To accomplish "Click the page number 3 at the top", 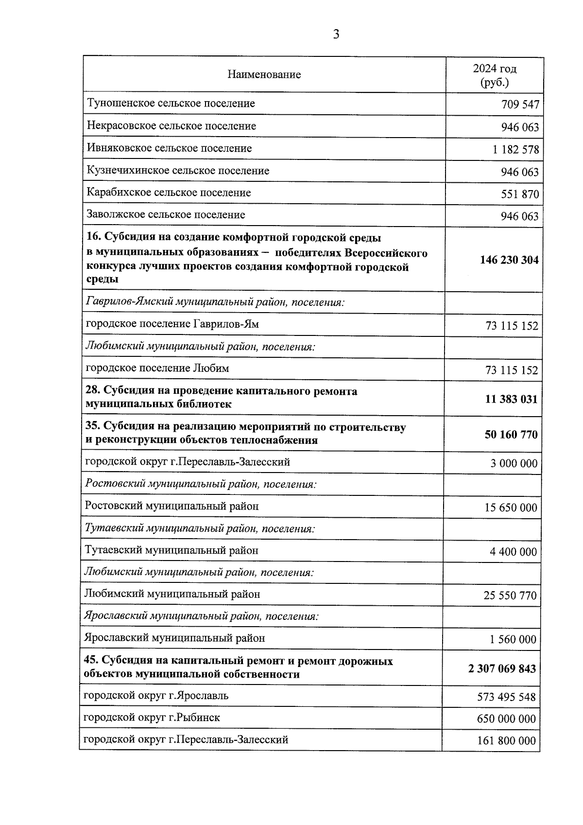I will (x=336, y=35).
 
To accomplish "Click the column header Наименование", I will (x=264, y=74).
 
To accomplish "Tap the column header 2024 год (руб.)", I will (x=495, y=75).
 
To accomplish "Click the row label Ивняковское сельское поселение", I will (x=169, y=148).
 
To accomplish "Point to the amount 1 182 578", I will (x=515, y=150).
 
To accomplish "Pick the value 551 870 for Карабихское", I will (x=520, y=194).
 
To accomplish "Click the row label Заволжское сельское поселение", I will (x=166, y=214).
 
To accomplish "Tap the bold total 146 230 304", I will (x=509, y=260).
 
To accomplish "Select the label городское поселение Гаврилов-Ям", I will (x=172, y=324).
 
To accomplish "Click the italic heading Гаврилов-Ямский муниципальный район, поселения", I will (x=215, y=302).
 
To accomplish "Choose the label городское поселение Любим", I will (x=157, y=368).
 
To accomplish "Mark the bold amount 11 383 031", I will (x=511, y=400).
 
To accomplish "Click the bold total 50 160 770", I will (x=511, y=435).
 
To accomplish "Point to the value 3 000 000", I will (x=514, y=464).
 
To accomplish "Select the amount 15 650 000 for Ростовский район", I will (x=511, y=508).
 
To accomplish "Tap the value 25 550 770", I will (x=510, y=596).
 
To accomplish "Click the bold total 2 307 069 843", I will (x=502, y=669).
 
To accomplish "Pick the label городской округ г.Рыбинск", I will (x=152, y=718).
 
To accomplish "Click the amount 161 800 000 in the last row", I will (x=506, y=741).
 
